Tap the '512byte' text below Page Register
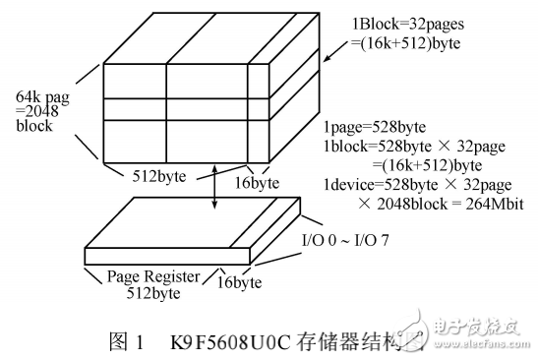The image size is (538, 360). (x=150, y=292)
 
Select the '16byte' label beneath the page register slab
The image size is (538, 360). (x=238, y=283)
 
